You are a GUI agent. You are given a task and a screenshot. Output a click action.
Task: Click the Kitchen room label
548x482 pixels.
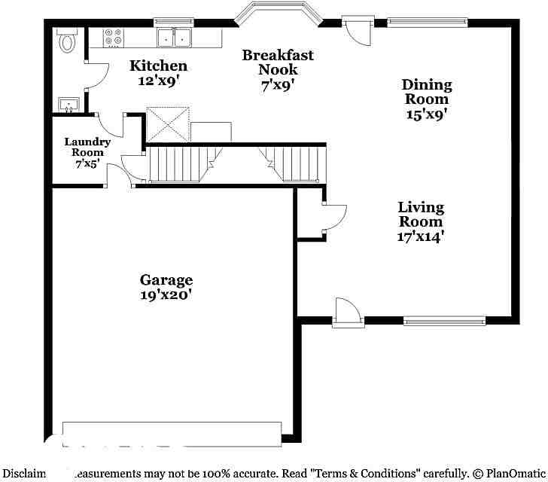point(158,66)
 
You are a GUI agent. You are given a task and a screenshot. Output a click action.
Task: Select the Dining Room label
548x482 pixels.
point(427,91)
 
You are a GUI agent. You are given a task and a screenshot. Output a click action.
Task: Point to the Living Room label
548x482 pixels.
point(421,214)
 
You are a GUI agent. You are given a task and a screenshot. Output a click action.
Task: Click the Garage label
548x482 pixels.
point(166,280)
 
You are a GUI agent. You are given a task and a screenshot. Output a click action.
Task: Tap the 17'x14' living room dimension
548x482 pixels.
point(421,236)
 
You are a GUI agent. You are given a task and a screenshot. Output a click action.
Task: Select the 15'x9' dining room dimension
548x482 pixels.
point(427,114)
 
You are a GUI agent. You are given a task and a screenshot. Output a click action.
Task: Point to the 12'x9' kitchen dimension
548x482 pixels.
point(158,81)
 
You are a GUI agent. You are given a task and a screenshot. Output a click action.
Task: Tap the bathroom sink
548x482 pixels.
point(68,104)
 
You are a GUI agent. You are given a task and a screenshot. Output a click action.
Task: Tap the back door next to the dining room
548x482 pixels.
point(356,29)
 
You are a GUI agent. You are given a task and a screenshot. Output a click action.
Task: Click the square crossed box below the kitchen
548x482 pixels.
point(166,124)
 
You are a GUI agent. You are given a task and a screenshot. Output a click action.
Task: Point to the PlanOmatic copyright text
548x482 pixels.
point(509,474)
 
